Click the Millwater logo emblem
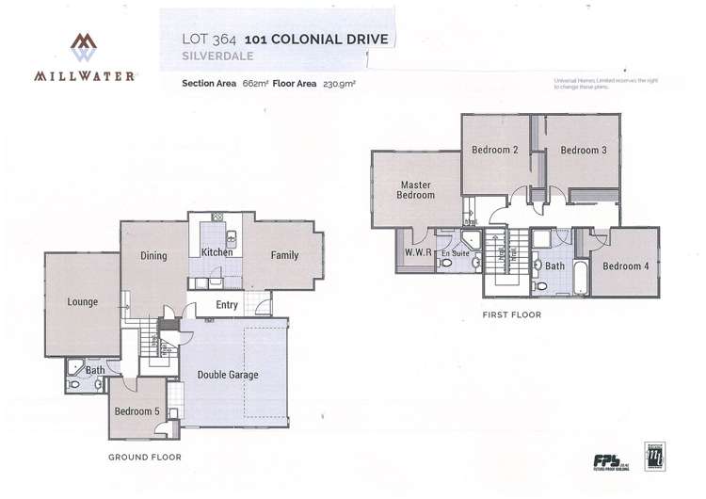(x=85, y=47)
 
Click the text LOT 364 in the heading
(x=208, y=40)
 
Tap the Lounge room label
(x=83, y=303)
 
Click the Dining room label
(x=153, y=255)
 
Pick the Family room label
(x=284, y=255)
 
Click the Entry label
(x=227, y=304)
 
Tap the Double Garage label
(x=227, y=375)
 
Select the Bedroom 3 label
(x=583, y=151)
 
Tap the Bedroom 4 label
(x=626, y=266)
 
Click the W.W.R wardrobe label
(x=417, y=251)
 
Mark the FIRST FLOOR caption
(x=510, y=315)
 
